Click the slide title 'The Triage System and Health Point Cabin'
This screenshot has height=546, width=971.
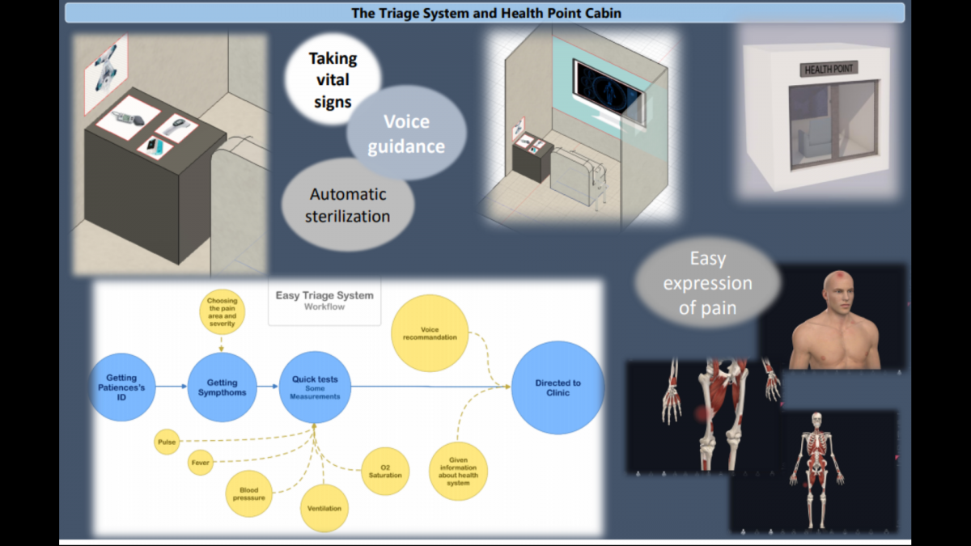tap(486, 13)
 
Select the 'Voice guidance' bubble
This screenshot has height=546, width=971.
tap(406, 133)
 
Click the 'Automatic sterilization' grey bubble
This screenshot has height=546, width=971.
tap(348, 205)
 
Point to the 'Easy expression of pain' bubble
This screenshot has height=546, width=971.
tap(707, 282)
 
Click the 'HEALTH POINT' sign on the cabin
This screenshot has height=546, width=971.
tap(829, 69)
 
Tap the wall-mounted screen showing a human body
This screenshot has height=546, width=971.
tap(608, 88)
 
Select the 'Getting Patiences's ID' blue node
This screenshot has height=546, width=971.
tap(121, 387)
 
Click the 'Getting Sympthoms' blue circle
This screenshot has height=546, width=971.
tap(222, 387)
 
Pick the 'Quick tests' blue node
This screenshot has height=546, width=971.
tap(315, 387)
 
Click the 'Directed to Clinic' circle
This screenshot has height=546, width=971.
tap(558, 387)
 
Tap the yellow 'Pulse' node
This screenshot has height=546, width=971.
tap(167, 442)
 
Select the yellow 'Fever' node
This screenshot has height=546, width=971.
tap(201, 463)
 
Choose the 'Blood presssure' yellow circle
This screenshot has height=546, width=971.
tap(249, 493)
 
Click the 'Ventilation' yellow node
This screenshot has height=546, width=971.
tap(324, 508)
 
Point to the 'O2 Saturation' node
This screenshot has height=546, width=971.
tap(385, 471)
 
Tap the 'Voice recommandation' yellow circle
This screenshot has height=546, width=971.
tap(430, 333)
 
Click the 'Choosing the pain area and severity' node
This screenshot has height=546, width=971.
tap(222, 312)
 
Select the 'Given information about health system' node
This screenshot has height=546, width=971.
tap(458, 472)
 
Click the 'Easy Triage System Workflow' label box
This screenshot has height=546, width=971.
tap(324, 301)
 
